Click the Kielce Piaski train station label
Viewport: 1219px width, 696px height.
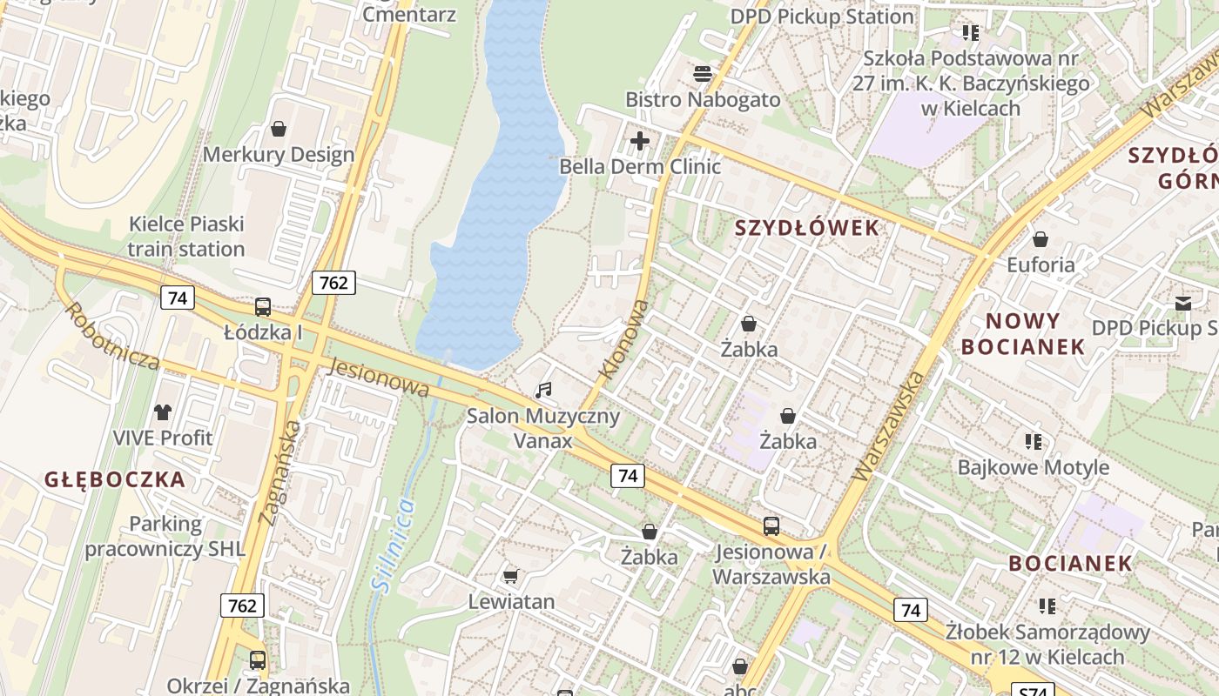click(x=186, y=237)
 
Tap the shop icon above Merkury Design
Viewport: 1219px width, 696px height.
click(x=279, y=130)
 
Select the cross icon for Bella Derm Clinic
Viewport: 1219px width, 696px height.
click(x=640, y=140)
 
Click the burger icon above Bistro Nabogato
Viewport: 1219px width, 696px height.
click(x=703, y=74)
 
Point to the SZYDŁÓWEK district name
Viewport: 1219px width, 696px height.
click(x=807, y=228)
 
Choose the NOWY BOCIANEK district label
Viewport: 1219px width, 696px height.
click(x=1023, y=333)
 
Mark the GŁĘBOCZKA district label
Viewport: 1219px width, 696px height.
click(x=115, y=479)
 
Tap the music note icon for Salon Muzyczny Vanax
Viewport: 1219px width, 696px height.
click(x=544, y=390)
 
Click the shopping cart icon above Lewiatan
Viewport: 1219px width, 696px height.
click(x=511, y=576)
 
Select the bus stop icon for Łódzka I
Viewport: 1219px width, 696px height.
click(x=263, y=307)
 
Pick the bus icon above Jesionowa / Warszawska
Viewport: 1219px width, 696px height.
click(x=771, y=525)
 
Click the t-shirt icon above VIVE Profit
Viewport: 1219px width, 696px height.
click(x=163, y=412)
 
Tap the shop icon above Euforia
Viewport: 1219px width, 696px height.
click(x=1041, y=239)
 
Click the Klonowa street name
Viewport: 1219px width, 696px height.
click(x=624, y=339)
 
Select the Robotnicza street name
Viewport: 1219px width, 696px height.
click(x=111, y=336)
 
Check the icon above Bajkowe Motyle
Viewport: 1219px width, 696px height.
click(x=1034, y=442)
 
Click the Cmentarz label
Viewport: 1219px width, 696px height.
click(x=409, y=14)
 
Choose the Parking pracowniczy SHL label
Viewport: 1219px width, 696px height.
click(x=165, y=537)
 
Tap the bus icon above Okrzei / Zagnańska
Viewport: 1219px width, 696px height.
click(x=258, y=659)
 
